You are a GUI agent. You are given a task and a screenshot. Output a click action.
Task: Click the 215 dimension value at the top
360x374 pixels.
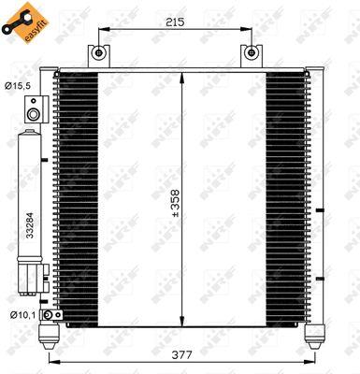(175, 22)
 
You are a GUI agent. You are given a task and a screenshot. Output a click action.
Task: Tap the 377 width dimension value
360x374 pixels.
(182, 354)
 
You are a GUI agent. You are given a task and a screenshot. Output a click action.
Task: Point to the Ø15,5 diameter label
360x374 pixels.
(18, 86)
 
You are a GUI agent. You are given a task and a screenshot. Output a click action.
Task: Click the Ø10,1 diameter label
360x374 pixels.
(22, 315)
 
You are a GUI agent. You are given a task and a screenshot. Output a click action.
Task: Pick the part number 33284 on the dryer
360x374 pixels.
(30, 225)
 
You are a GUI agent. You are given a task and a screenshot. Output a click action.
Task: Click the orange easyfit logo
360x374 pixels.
(25, 22)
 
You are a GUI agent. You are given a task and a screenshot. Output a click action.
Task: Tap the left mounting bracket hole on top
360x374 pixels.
(98, 52)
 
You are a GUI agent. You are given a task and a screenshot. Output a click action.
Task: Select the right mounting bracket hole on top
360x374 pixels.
(252, 52)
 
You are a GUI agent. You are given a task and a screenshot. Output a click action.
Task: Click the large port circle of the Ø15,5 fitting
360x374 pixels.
(33, 114)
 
